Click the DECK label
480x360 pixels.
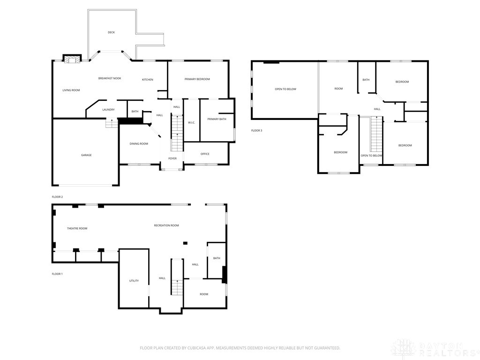pos(111,32)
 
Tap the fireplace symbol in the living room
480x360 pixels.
pos(72,59)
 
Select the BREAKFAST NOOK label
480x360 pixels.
pos(110,78)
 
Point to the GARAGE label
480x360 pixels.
pos(86,155)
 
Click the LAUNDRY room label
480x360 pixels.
pos(108,110)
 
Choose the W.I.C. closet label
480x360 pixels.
pos(191,123)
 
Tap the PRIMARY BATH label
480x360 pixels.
pos(217,119)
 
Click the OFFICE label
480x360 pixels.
pos(205,154)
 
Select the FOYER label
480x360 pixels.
pos(172,158)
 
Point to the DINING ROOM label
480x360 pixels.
pos(139,143)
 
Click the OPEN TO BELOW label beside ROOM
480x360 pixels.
pos(285,89)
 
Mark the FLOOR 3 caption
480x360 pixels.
pos(256,130)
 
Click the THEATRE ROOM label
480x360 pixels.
pos(77,228)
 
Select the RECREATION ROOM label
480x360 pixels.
pos(166,225)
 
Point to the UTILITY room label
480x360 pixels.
pos(134,281)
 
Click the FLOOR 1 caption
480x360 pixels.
pos(57,273)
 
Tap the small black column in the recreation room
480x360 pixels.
pos(185,243)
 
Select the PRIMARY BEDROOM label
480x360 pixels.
pos(197,79)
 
